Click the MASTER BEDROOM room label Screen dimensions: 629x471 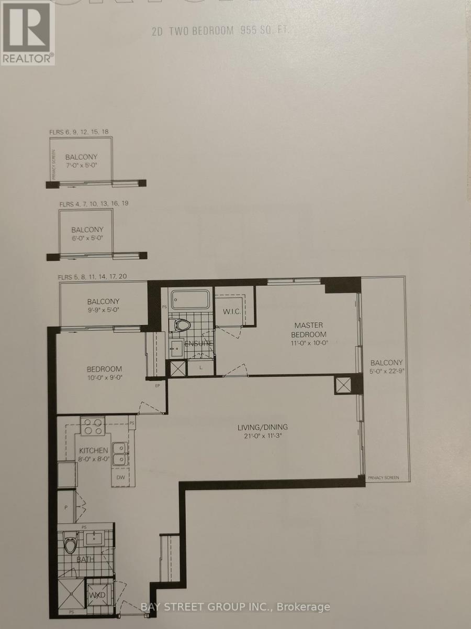[x=309, y=330]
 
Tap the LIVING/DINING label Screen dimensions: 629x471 [x=262, y=427]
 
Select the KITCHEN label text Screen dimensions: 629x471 [x=94, y=450]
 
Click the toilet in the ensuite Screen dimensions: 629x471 [x=181, y=326]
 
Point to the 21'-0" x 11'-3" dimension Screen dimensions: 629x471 [x=262, y=436]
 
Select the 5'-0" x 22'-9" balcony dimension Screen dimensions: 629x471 [x=387, y=372]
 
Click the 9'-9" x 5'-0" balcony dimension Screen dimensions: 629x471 [x=103, y=310]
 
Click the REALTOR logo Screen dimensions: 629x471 [x=27, y=32]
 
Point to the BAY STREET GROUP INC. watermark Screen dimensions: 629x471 [x=236, y=607]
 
